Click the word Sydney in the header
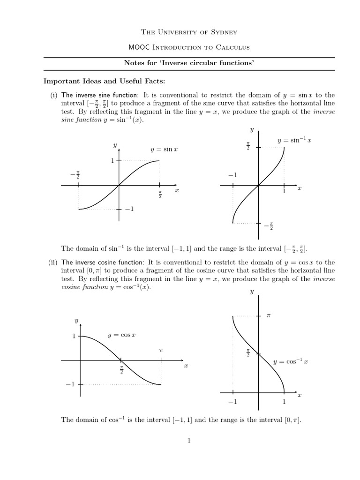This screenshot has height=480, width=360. (224, 32)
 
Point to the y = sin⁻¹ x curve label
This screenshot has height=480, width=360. (294, 140)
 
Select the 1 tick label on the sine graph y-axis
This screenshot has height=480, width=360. (112, 161)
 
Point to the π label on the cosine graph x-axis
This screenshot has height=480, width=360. (161, 350)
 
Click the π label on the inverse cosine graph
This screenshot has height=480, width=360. (269, 316)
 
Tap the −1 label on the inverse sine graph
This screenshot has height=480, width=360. (233, 175)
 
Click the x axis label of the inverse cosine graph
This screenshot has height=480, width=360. (300, 395)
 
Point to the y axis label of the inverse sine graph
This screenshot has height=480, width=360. (252, 129)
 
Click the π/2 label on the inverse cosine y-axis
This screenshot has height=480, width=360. (248, 352)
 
